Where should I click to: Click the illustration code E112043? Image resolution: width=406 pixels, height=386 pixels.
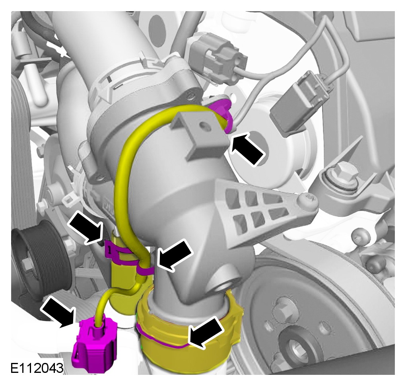click(37, 368)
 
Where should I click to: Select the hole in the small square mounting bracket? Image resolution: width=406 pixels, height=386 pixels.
click(204, 126)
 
